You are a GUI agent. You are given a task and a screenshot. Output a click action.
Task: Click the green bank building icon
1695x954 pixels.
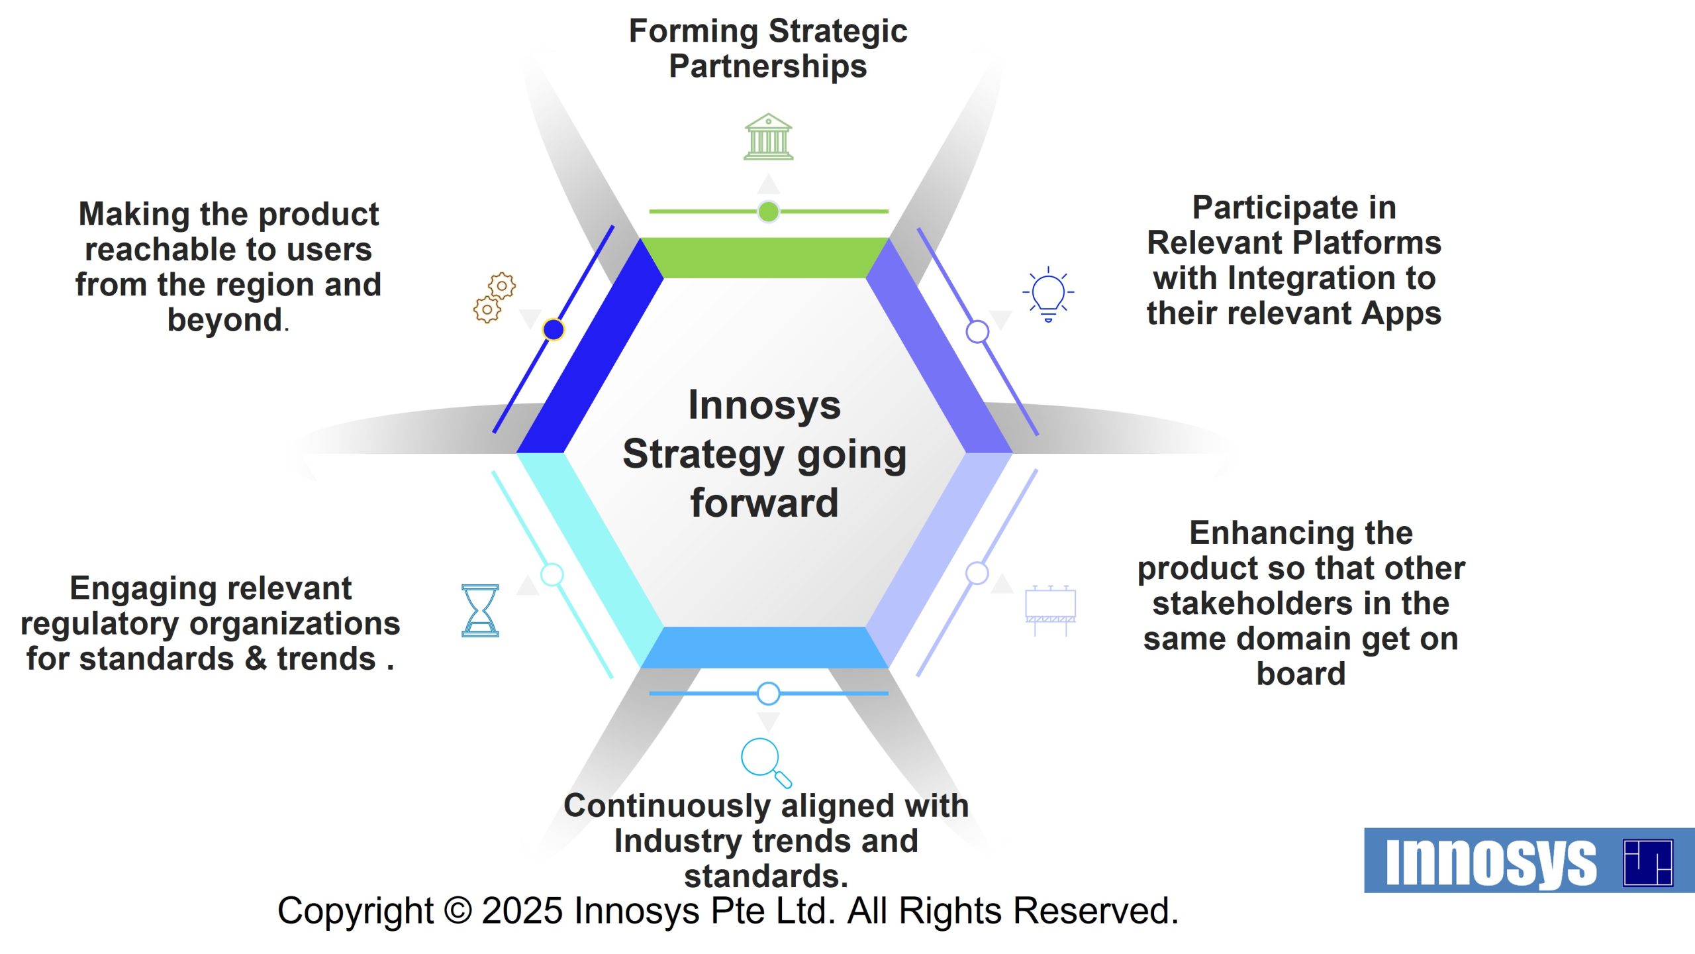768,136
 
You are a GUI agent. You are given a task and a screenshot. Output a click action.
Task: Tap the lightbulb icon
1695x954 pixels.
1048,294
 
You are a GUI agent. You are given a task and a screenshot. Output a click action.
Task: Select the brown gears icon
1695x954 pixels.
495,298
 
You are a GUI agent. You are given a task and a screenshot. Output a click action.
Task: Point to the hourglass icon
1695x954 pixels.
480,610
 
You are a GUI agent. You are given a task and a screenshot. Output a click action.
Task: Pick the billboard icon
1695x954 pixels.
1050,610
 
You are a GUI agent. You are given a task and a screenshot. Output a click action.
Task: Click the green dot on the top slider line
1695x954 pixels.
768,212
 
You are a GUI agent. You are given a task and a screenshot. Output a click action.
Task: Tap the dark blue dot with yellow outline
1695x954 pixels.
554,329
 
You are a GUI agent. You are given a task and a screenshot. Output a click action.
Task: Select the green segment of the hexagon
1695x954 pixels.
765,258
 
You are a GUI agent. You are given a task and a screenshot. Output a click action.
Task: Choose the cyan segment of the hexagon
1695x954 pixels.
589,560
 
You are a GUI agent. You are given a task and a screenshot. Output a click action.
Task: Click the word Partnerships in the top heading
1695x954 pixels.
768,67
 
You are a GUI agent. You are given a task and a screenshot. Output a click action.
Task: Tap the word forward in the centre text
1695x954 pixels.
765,502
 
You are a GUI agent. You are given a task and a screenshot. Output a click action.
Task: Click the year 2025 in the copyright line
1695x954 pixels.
522,911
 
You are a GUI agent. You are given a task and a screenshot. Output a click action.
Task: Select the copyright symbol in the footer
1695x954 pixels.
458,911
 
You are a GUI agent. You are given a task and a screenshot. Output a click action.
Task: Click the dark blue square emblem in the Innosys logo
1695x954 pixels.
1648,863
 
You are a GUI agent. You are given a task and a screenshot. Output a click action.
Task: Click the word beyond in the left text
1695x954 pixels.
225,320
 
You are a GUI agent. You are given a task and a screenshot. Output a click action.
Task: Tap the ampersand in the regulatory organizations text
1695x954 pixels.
256,659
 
